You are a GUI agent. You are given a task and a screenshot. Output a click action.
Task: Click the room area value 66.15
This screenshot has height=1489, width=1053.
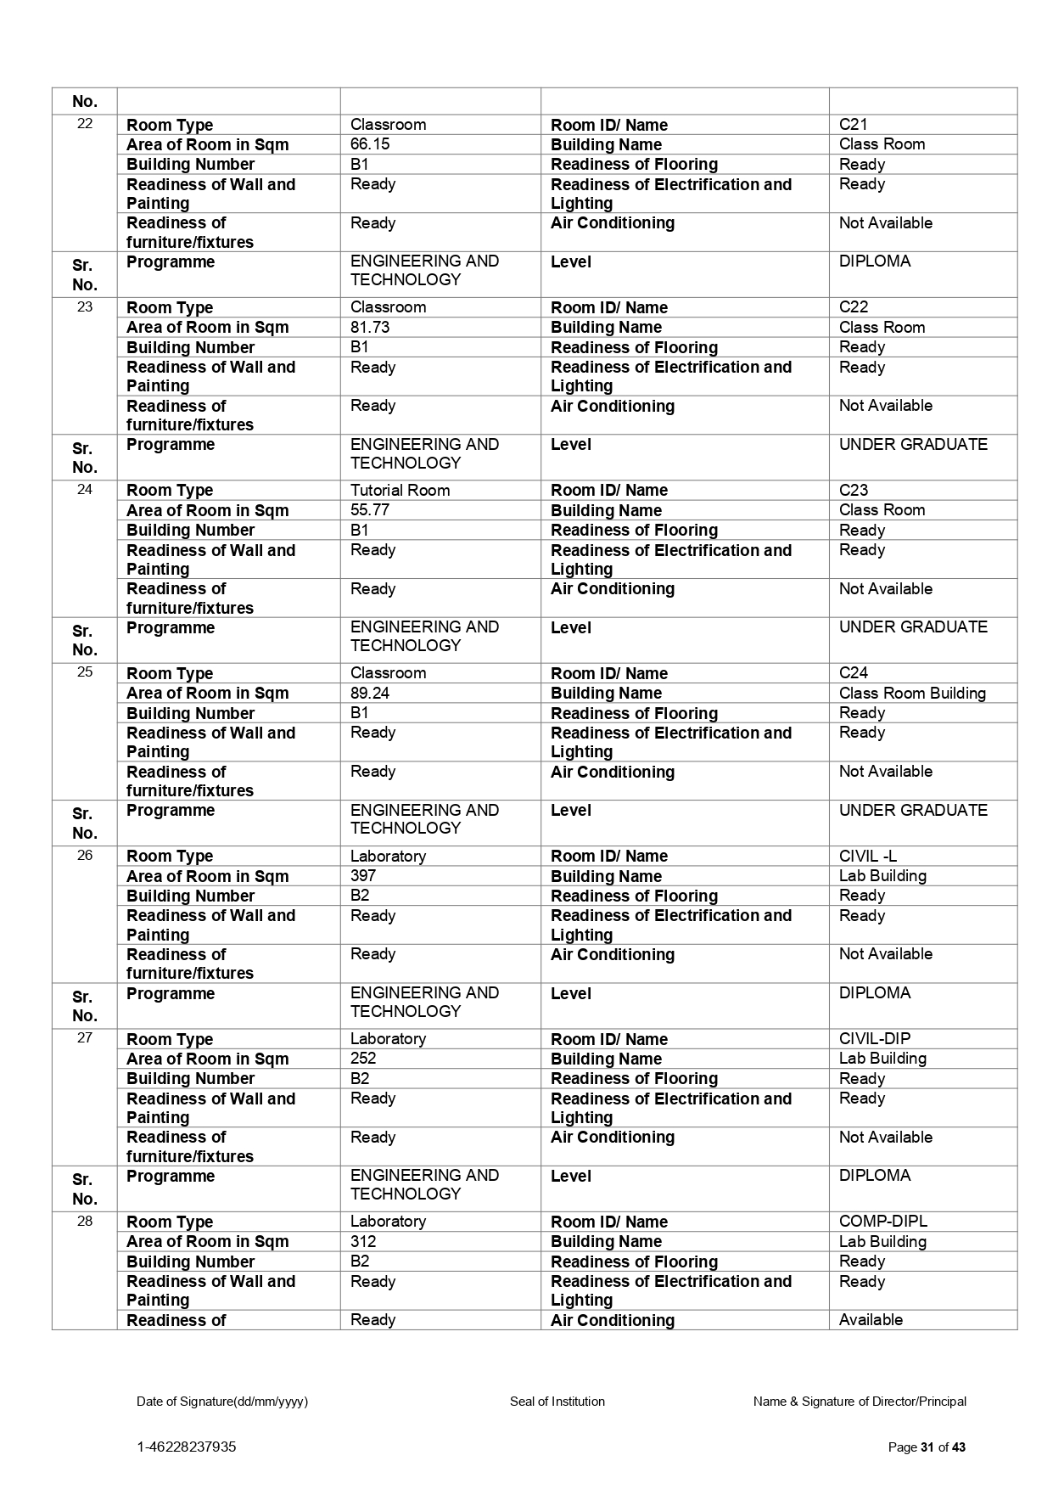coord(370,144)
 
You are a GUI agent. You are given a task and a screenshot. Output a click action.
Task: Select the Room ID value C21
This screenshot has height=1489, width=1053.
coord(853,125)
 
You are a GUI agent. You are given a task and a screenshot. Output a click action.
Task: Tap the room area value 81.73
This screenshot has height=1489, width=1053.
coord(370,327)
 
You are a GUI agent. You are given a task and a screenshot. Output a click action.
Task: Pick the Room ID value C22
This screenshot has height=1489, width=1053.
coord(853,307)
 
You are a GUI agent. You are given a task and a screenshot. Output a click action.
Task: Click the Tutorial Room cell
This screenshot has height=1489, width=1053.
coord(400,491)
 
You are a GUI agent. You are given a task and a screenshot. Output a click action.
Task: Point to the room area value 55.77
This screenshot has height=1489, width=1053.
coord(370,510)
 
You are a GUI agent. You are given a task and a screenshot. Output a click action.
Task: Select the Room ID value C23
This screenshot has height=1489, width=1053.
coord(853,491)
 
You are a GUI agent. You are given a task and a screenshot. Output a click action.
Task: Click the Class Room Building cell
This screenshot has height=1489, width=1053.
coord(912,694)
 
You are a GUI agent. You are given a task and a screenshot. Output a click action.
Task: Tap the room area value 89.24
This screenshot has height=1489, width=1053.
coord(370,693)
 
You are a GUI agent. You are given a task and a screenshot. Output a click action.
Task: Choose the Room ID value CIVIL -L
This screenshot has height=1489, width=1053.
coord(867,857)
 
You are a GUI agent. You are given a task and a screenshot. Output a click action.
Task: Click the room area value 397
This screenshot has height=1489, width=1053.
coord(363,875)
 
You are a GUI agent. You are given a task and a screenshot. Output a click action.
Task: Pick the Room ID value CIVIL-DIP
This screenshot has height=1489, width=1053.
coord(875,1039)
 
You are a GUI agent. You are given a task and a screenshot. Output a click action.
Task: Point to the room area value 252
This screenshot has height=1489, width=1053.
coord(363,1059)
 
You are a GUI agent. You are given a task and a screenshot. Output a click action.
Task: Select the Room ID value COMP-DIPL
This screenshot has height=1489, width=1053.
coord(882,1222)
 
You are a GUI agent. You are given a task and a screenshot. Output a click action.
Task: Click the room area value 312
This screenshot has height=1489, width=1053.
coord(363,1241)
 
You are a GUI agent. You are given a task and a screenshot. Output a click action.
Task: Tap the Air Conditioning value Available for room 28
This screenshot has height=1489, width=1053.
coord(871,1320)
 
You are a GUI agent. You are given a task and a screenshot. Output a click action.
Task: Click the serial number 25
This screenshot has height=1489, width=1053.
coord(85,672)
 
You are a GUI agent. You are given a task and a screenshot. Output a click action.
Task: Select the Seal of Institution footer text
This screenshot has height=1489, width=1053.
coord(557,1402)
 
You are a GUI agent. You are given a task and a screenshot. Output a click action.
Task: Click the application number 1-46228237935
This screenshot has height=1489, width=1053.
coord(187,1447)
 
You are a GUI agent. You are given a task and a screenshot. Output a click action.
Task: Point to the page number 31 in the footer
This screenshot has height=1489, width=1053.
coord(927,1447)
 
